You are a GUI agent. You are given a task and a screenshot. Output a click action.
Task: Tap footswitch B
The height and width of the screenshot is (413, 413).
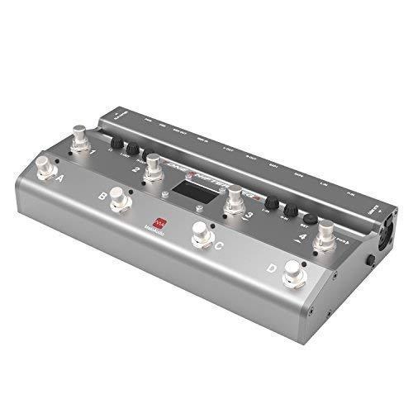pos(119,199)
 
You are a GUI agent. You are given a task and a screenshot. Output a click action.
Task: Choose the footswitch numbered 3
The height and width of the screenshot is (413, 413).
pos(236,198)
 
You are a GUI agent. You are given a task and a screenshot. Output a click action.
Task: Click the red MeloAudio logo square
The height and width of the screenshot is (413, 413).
pos(162,223)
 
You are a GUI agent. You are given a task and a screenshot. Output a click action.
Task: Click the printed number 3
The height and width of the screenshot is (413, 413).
pos(248,216)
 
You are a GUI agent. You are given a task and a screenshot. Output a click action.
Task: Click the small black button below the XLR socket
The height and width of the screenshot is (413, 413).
pos(370,259)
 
